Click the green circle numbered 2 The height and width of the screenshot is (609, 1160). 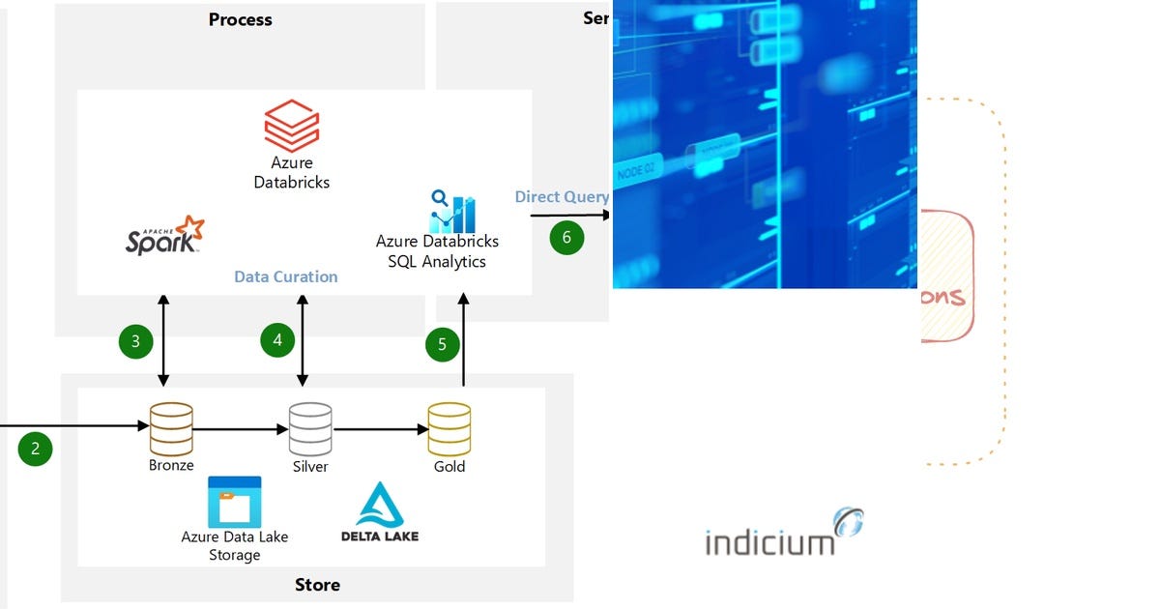[36, 449]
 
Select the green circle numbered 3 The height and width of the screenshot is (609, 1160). [135, 340]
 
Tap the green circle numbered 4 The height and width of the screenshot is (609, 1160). [277, 339]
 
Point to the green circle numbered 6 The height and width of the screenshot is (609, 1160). [566, 238]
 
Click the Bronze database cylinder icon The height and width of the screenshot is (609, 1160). [171, 428]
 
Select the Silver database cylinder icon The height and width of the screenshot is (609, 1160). [310, 428]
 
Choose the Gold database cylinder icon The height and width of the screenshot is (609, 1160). [449, 428]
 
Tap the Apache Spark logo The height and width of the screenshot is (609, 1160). [165, 235]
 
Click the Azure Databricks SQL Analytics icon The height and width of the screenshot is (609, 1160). [452, 210]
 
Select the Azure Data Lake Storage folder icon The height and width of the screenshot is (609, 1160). [234, 502]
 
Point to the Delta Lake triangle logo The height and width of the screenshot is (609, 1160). [380, 506]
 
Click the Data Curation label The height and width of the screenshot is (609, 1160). [286, 276]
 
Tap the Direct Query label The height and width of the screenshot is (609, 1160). [562, 197]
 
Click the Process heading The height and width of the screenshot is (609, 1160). [240, 19]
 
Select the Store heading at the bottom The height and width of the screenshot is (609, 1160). [317, 585]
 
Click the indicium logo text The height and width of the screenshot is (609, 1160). [769, 542]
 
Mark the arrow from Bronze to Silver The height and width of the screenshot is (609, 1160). [241, 428]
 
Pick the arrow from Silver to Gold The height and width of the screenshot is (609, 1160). [380, 428]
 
